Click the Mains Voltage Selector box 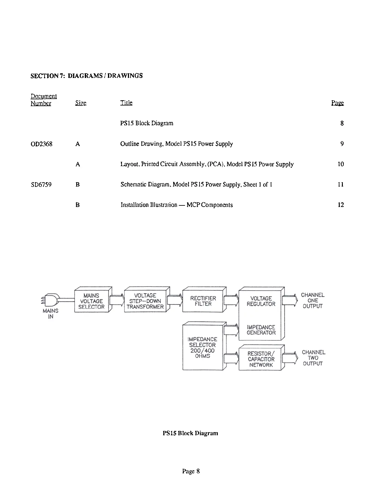(x=91, y=301)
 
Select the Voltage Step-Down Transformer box (x=145, y=301)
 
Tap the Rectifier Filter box (x=203, y=301)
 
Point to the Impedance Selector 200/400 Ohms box (x=203, y=347)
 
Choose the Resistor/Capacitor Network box (x=261, y=359)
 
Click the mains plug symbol (x=51, y=299)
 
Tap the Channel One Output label (x=312, y=300)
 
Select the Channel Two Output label (x=313, y=358)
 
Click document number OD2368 (x=41, y=144)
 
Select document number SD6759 (x=41, y=185)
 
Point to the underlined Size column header (x=81, y=103)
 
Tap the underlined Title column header (x=126, y=103)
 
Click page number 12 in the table (x=341, y=205)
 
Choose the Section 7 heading (x=87, y=76)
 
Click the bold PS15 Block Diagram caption (x=190, y=433)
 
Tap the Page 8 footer (x=191, y=471)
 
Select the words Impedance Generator (x=261, y=330)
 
